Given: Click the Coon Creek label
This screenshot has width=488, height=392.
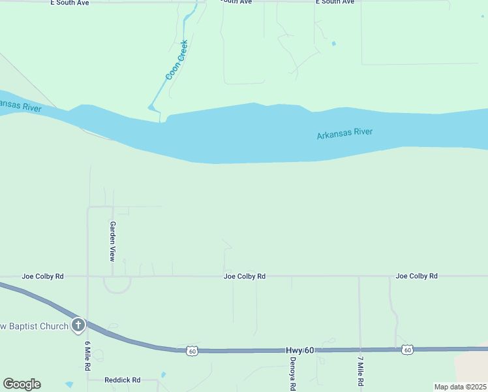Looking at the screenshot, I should (x=177, y=60).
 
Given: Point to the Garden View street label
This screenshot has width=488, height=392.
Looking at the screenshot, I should (x=113, y=240).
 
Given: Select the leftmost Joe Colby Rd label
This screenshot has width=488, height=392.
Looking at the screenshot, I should (x=42, y=276).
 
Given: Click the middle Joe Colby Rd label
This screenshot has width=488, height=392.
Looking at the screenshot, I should (x=244, y=276).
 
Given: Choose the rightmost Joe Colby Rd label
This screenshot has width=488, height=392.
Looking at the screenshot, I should (x=416, y=276).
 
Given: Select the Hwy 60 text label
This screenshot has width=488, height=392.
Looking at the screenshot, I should (x=299, y=351).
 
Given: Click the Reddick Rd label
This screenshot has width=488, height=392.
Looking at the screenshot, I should (x=123, y=380).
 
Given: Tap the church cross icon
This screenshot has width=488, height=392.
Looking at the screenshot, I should (x=78, y=325).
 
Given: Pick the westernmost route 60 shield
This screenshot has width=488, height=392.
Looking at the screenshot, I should (x=191, y=351).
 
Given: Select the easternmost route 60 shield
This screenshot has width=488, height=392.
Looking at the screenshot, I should (x=407, y=350).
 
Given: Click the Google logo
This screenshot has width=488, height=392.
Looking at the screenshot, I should (x=22, y=384).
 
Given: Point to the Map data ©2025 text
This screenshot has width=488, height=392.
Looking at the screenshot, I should (x=460, y=387).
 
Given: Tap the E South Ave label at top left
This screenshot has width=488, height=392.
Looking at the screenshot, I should (x=70, y=3).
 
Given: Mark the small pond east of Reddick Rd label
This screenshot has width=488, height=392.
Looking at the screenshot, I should (x=163, y=375).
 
